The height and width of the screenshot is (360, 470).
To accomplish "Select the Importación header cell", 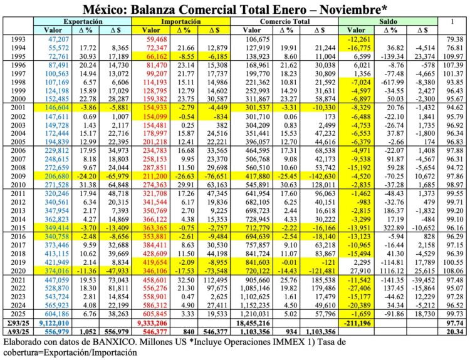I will click(x=180, y=21).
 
